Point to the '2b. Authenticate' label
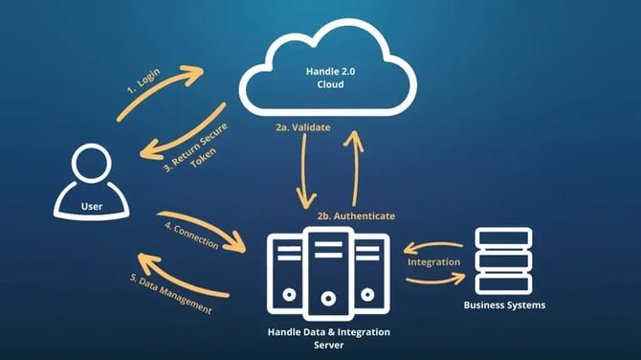356,216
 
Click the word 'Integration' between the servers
434,261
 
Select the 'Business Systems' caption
503,305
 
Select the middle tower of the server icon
327,273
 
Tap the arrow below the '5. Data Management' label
182,279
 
